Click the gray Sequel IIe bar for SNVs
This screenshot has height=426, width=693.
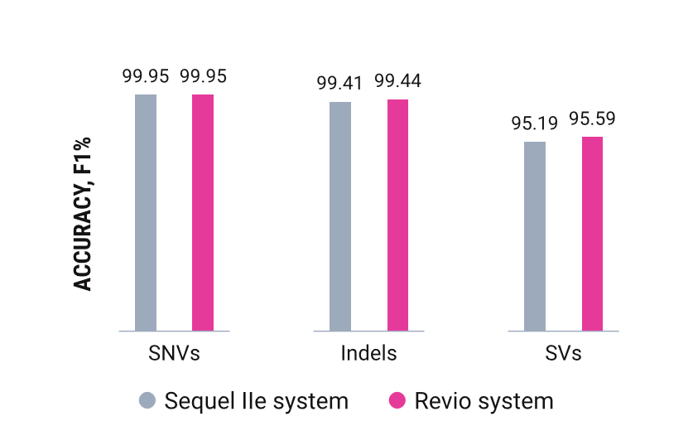point(146,212)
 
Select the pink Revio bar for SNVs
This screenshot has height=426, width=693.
point(203,212)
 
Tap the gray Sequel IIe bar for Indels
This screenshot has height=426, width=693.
point(340,216)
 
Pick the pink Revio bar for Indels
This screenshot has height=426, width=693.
point(398,215)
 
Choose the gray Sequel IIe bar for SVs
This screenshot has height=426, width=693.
point(535,236)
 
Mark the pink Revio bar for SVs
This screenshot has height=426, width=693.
point(592,233)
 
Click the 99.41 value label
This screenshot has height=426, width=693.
point(340,83)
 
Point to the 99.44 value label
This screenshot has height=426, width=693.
point(398,80)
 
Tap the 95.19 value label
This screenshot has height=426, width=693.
point(535,123)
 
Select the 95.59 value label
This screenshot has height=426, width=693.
point(592,119)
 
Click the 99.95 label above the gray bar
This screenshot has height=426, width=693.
point(146,76)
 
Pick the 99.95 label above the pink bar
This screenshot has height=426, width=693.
point(203,76)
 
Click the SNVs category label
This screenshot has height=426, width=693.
point(174,353)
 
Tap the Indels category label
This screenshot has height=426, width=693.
point(369,353)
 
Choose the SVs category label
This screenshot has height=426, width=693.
point(564,353)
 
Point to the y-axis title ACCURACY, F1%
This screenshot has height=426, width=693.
point(82,213)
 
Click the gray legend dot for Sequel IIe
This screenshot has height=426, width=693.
point(147,401)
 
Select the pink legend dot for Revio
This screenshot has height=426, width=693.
point(397,401)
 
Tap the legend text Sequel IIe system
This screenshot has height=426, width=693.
point(257,401)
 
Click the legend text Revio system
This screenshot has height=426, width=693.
point(484,401)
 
